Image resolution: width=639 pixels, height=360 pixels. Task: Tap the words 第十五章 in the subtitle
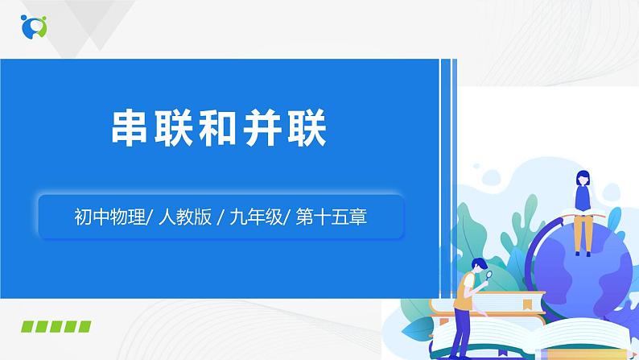click(x=338, y=216)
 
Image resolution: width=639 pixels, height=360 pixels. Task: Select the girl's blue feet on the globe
click(x=583, y=251)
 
